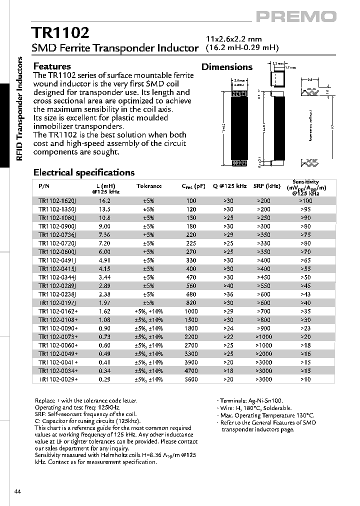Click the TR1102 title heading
tap(61, 33)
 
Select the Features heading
tap(52, 66)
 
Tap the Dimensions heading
tap(226, 67)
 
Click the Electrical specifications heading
tap(83, 172)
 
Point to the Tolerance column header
tap(149, 186)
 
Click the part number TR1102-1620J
tap(57, 200)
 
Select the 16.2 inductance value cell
tap(104, 200)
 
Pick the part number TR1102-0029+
tap(57, 379)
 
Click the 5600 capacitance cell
tap(191, 379)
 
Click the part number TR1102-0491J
tap(57, 260)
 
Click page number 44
tap(18, 492)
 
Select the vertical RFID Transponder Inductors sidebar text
tap(20, 108)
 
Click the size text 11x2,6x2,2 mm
tap(234, 39)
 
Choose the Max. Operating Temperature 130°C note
tap(266, 415)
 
